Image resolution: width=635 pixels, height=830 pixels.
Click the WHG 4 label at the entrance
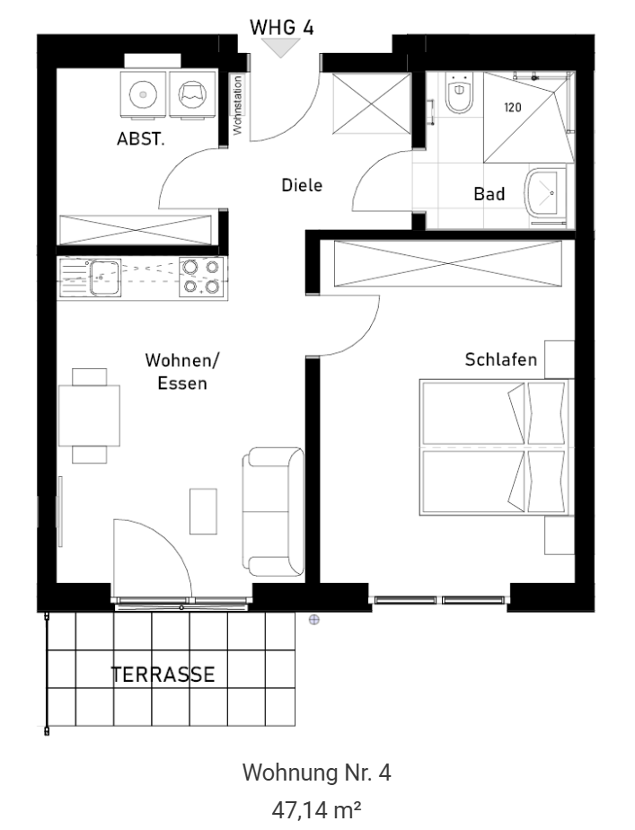281,27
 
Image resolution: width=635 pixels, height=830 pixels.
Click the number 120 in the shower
512,108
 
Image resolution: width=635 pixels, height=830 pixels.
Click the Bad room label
489,194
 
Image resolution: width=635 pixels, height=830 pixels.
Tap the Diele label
302,185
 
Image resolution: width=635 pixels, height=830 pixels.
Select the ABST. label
140,138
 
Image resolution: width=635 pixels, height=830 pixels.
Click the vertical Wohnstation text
237,105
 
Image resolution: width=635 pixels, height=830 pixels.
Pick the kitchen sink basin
105,277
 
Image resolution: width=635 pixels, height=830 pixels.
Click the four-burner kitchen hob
200,277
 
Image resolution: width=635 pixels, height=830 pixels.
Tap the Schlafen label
500,359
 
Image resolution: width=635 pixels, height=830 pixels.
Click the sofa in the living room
273,512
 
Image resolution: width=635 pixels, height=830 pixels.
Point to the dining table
89,416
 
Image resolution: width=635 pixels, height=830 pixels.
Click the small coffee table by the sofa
203,511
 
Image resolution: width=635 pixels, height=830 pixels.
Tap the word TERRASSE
163,675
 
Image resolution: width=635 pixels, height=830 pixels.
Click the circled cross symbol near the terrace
313,619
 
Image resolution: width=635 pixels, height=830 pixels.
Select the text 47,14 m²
316,809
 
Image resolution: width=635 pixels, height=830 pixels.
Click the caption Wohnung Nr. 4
316,773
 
